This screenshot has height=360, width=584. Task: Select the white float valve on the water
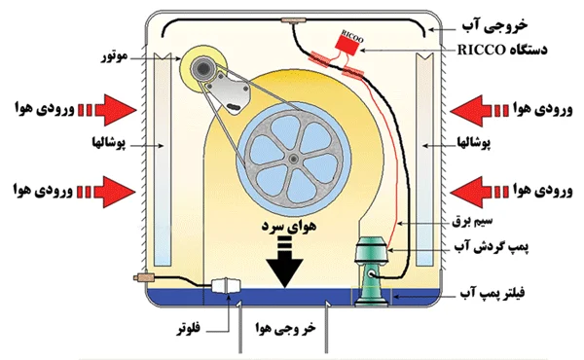coord(226,286)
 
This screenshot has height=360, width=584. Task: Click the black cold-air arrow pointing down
coord(285,262)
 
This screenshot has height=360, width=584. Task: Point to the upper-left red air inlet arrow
coord(107,110)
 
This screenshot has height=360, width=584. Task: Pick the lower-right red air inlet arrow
coord(480,192)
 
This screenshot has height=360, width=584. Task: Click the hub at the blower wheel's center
coord(294,159)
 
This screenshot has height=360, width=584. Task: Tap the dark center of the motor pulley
coord(203,68)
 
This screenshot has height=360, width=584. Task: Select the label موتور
coord(115,56)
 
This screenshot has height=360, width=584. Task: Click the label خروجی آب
coord(495,25)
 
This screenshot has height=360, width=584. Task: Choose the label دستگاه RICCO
coord(502,50)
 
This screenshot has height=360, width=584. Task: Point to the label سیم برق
coord(472,221)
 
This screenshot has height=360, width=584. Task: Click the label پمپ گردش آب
coord(492,247)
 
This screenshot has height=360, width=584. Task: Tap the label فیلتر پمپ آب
coord(492,293)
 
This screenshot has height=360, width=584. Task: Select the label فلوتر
coord(189,328)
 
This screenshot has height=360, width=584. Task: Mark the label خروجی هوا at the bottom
coord(285,328)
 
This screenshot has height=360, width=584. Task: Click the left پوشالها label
coord(109,143)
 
